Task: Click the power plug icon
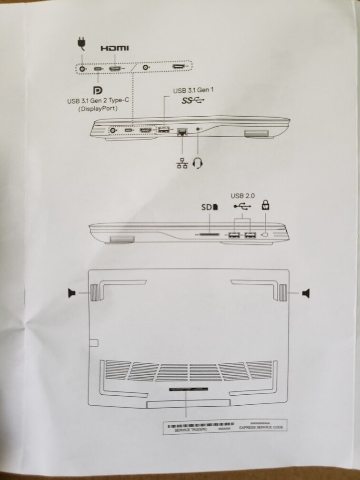[81, 43]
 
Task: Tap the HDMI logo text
[114, 49]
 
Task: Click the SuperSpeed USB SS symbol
[193, 100]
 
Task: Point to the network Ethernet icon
[182, 163]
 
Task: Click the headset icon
[199, 163]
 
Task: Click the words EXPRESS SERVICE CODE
[263, 428]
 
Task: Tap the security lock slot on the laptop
[266, 235]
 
